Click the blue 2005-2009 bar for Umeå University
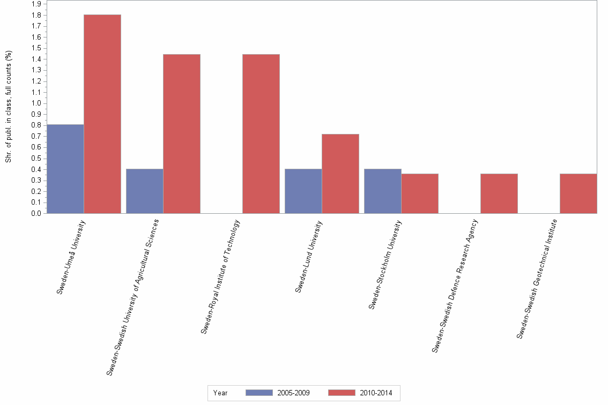(65, 169)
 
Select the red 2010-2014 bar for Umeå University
(102, 114)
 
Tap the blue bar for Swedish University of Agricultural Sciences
(145, 191)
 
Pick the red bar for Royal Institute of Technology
(261, 133)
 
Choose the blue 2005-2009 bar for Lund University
(303, 191)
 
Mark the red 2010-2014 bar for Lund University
(340, 174)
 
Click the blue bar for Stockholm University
(383, 191)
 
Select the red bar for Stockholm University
(420, 193)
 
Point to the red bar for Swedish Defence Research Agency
(499, 193)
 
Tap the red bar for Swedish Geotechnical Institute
(579, 193)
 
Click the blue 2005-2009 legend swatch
(259, 393)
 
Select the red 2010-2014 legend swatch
(342, 393)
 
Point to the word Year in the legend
(220, 393)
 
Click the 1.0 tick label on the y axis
(36, 103)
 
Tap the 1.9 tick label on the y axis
(36, 4)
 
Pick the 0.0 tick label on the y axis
(36, 214)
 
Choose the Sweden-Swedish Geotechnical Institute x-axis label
(537, 279)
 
